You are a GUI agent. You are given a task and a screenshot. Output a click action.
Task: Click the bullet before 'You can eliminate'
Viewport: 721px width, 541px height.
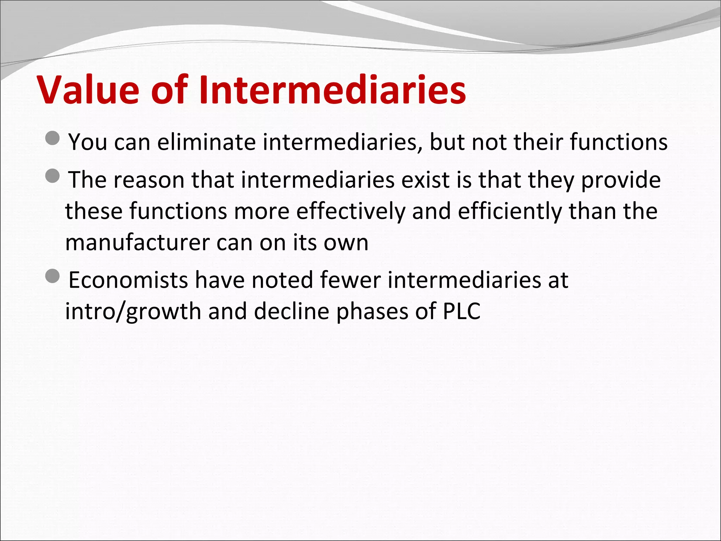[x=53, y=138]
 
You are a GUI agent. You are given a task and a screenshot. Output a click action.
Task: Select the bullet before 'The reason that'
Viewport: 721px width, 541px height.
[x=53, y=176]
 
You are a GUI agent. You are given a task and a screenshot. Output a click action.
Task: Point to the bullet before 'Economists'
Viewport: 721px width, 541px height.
[x=53, y=276]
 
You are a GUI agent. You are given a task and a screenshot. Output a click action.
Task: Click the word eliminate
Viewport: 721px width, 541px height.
[x=206, y=142]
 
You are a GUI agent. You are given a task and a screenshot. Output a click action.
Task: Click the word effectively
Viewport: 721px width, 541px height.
[x=351, y=211]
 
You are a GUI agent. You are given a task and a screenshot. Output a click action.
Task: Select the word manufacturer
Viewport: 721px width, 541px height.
[x=138, y=243]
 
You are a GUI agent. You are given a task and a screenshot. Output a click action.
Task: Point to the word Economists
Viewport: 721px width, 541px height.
[x=128, y=280]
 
